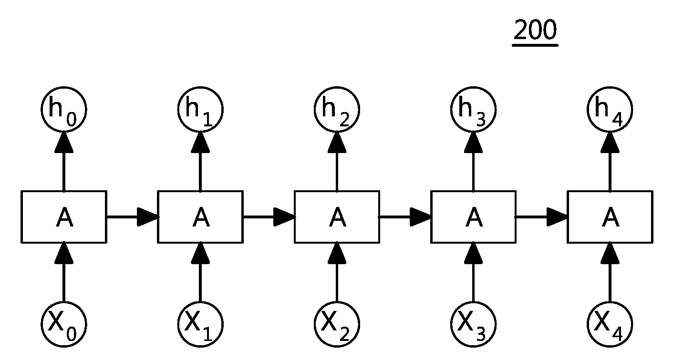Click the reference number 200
pyautogui.click(x=535, y=30)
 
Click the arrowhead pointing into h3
pyautogui.click(x=474, y=142)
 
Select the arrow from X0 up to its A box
pyautogui.click(x=64, y=272)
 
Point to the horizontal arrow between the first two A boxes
pyautogui.click(x=133, y=217)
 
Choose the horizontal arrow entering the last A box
pyautogui.click(x=542, y=217)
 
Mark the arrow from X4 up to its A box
pyautogui.click(x=610, y=272)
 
